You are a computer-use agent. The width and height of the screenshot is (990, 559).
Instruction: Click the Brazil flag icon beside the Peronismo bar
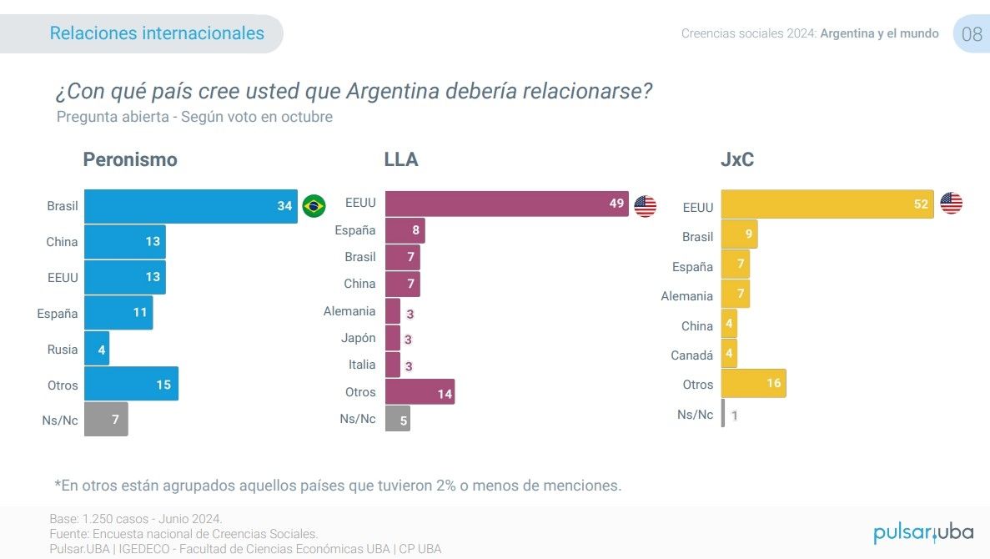(x=314, y=206)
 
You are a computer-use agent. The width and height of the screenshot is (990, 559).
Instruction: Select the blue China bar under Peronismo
(x=125, y=242)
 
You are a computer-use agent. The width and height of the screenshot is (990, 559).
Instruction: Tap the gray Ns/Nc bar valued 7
(x=106, y=420)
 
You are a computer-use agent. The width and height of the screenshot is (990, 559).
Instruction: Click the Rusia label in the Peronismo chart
(x=63, y=350)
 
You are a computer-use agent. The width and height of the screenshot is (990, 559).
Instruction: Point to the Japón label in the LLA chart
(x=359, y=338)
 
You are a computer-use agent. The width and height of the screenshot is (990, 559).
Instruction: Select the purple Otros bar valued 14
(x=420, y=392)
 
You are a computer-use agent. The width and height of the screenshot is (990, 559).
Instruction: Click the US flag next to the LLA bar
(x=646, y=206)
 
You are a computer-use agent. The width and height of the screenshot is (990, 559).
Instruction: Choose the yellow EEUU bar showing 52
(x=827, y=204)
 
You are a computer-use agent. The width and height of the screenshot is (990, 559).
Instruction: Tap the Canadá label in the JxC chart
(x=691, y=355)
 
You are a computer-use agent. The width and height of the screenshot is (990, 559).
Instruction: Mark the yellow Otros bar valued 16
(x=753, y=384)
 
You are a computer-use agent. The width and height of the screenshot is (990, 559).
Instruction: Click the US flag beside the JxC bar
(x=951, y=203)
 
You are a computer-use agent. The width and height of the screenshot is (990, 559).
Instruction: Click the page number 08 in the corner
(x=972, y=34)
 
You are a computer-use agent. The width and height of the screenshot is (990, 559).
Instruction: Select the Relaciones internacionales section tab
(x=157, y=33)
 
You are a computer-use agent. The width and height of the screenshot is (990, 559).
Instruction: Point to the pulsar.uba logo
(x=923, y=532)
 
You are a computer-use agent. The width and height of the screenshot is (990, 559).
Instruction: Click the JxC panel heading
(x=737, y=159)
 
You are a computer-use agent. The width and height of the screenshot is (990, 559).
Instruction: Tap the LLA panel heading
(x=401, y=159)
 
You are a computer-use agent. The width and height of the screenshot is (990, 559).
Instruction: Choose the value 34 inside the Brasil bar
(x=285, y=206)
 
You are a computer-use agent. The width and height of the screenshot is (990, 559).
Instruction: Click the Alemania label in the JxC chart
(x=686, y=296)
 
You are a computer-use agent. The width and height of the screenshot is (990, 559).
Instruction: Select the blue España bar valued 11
(x=118, y=313)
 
